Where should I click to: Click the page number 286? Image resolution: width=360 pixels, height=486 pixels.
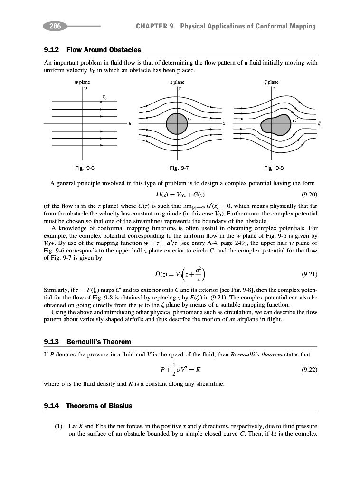click(55, 26)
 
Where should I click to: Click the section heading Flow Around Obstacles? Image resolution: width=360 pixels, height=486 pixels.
click(104, 50)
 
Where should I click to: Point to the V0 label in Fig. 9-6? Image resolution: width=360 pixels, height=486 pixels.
click(104, 97)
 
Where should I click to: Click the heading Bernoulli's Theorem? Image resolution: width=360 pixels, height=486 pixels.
click(98, 342)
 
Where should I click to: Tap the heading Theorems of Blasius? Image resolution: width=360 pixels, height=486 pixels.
click(99, 406)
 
